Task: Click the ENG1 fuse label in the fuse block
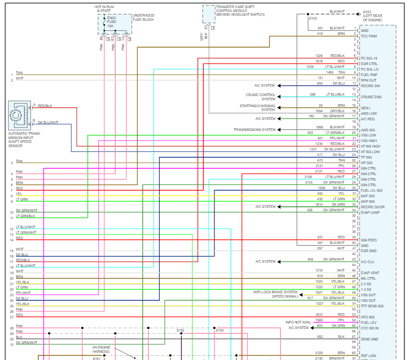tap(111, 18)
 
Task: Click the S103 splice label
tap(312, 18)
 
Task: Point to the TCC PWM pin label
tap(369, 36)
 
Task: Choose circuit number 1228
tap(319, 56)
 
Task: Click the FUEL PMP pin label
tap(369, 75)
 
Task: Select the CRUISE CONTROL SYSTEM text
tap(260, 97)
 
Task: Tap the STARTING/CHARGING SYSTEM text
tap(257, 108)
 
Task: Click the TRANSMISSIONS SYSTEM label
tap(254, 130)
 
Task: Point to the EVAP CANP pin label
tap(370, 213)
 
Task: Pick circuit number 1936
tap(322, 188)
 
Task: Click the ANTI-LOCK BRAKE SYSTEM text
tap(275, 292)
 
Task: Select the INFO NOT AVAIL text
tap(298, 322)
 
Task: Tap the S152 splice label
tap(180, 330)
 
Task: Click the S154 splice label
tap(219, 330)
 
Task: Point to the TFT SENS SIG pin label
tap(372, 306)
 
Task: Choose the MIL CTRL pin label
tap(368, 278)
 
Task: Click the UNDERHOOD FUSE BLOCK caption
tap(143, 17)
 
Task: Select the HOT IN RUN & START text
tap(104, 9)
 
